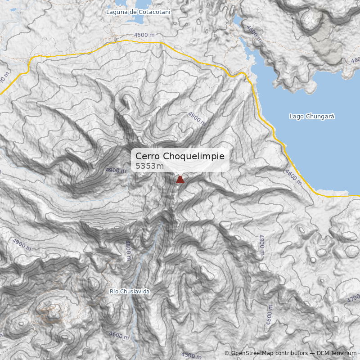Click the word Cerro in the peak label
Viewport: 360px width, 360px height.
[148, 156]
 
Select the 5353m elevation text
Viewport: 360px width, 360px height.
[149, 166]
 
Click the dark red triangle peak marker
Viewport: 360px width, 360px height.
[180, 180]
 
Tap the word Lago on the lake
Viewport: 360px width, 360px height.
[296, 117]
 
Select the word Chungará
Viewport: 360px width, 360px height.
[320, 117]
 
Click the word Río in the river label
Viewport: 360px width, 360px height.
[114, 292]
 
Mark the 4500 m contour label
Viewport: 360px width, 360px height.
[191, 355]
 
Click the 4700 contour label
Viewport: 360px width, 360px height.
[353, 298]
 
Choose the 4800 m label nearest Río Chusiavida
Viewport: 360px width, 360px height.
[128, 250]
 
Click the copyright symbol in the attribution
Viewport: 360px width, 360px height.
[227, 353]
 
